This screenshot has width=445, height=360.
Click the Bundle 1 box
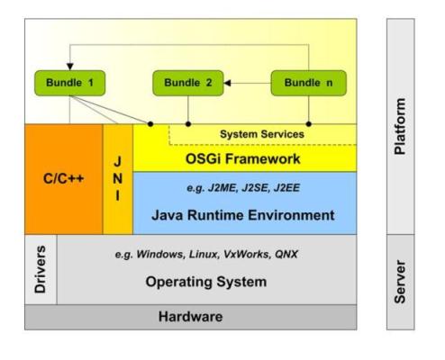(70, 83)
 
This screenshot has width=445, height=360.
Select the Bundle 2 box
(188, 83)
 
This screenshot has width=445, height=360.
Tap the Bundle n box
(309, 83)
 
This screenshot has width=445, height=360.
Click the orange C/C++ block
(64, 179)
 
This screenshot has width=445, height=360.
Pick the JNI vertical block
(118, 179)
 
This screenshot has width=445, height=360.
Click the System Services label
(262, 134)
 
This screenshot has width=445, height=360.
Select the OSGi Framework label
(242, 158)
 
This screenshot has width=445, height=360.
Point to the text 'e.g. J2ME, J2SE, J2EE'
(243, 188)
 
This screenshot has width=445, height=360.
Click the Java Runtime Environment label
(242, 215)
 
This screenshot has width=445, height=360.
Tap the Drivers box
(41, 269)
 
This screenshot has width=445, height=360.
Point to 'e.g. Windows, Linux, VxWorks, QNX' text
(206, 255)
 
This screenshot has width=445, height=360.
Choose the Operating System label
(206, 282)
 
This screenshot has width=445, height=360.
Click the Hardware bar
(191, 317)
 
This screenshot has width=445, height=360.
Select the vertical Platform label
(400, 126)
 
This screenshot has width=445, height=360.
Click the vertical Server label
(400, 282)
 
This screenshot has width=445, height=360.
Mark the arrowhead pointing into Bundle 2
(227, 83)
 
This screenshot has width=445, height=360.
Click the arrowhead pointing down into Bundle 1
(70, 67)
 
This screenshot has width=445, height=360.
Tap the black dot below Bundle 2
(188, 124)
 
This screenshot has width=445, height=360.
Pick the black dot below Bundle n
(309, 124)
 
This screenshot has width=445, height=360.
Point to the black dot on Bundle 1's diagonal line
(150, 124)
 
